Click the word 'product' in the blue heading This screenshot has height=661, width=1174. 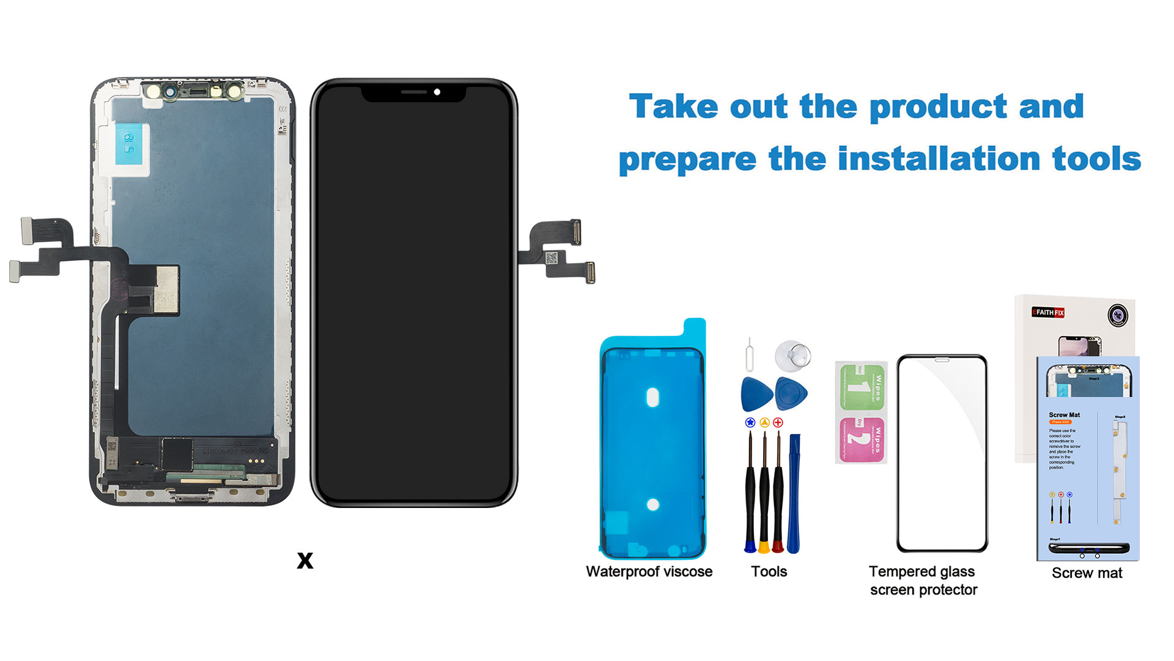[x=938, y=107]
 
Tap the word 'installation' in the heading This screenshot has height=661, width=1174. [x=939, y=159]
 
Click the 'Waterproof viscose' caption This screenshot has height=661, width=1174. [x=649, y=572]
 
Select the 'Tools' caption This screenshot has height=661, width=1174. [x=769, y=572]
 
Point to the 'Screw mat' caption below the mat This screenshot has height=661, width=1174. [x=1087, y=573]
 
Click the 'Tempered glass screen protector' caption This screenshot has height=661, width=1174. [x=923, y=580]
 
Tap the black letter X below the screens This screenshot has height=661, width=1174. [x=305, y=560]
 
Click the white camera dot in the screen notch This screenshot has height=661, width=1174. [x=437, y=92]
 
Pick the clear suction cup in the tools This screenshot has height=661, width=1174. [x=793, y=355]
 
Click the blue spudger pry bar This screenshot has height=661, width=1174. [x=794, y=493]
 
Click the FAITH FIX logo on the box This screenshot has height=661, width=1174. [x=1048, y=312]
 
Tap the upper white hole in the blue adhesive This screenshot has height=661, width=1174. [x=652, y=397]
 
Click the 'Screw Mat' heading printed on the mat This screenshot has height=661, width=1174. [x=1064, y=415]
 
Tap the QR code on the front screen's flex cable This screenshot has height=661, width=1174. [x=551, y=258]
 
